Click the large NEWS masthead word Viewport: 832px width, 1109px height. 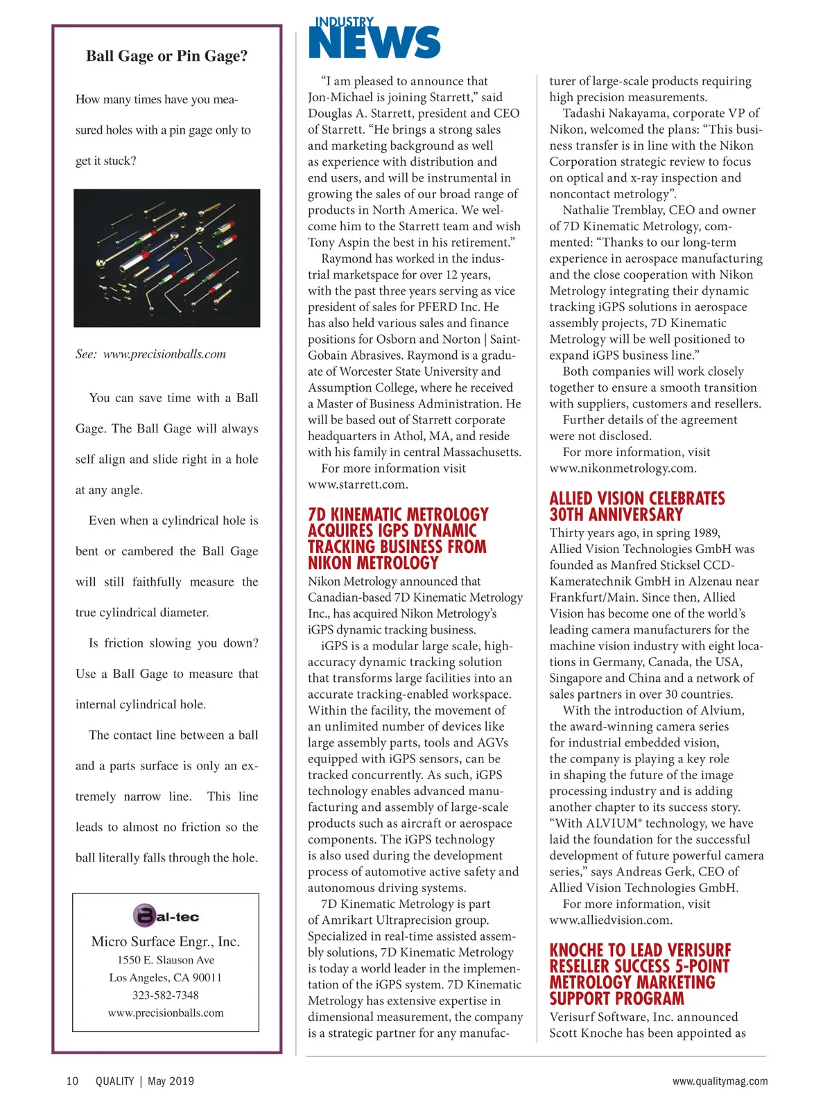pos(374,43)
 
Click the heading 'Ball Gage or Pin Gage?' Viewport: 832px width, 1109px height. pos(166,56)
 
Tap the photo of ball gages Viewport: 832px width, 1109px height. pos(166,258)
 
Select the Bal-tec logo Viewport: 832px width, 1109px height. pos(166,916)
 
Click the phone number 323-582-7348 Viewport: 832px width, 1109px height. pos(166,995)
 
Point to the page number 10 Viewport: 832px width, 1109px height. pos(72,1081)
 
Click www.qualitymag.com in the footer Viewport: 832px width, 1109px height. pos(720,1081)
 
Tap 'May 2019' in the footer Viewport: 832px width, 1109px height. pos(171,1081)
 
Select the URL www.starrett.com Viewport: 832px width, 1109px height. pos(358,484)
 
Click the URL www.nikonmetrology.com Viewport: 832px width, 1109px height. pos(623,469)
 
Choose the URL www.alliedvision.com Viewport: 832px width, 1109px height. pos(611,920)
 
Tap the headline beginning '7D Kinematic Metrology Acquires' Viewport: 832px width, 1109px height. pos(398,539)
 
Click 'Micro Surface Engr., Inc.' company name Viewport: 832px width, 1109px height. pos(166,941)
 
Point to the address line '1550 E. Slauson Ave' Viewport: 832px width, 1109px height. pos(166,960)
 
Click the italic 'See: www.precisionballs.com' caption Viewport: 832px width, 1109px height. pos(150,354)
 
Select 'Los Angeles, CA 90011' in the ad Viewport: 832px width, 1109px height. pos(166,978)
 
